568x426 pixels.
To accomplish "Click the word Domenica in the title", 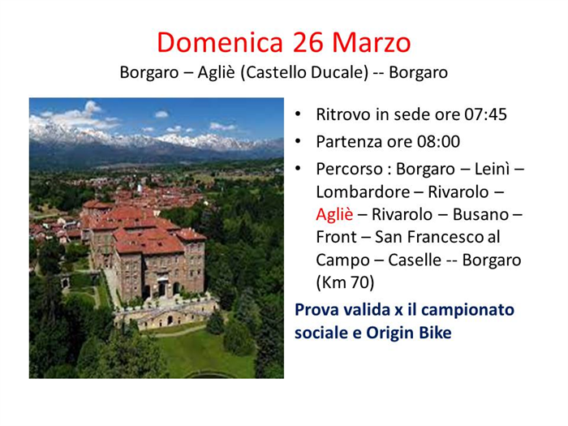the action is pos(220,42).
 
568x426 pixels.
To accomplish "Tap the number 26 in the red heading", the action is pos(308,42).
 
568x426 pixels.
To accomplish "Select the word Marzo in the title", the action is pos(372,42).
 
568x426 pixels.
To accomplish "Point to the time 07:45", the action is pos(485,114).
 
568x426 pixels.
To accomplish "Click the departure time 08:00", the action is pos(438,142).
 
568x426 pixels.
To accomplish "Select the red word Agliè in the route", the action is pos(334,215).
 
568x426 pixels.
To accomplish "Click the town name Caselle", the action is pos(415,260).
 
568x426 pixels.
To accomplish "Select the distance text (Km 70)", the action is pos(345,283).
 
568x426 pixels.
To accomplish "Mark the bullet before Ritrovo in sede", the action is pos(298,114).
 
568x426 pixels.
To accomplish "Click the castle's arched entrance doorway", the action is pos(161,289).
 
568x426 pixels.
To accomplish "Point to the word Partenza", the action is pos(352,142).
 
